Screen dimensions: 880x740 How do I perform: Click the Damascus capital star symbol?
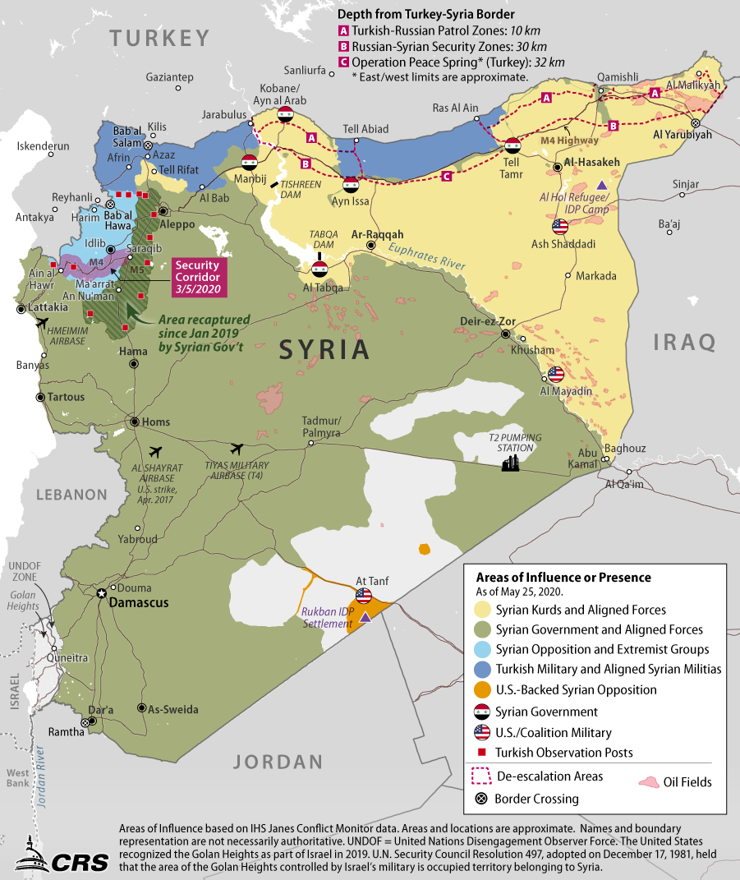click(102, 593)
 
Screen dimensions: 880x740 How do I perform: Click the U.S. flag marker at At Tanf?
click(364, 597)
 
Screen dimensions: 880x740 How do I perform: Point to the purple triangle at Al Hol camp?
click(602, 185)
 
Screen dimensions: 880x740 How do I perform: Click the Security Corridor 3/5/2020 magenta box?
click(197, 277)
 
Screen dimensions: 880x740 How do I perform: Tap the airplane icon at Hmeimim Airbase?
click(41, 323)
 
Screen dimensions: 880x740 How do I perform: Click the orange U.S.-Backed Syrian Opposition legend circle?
click(482, 690)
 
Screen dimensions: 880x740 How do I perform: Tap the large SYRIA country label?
click(324, 349)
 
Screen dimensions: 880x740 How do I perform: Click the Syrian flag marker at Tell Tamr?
click(513, 146)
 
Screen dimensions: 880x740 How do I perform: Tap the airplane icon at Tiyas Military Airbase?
click(237, 449)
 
